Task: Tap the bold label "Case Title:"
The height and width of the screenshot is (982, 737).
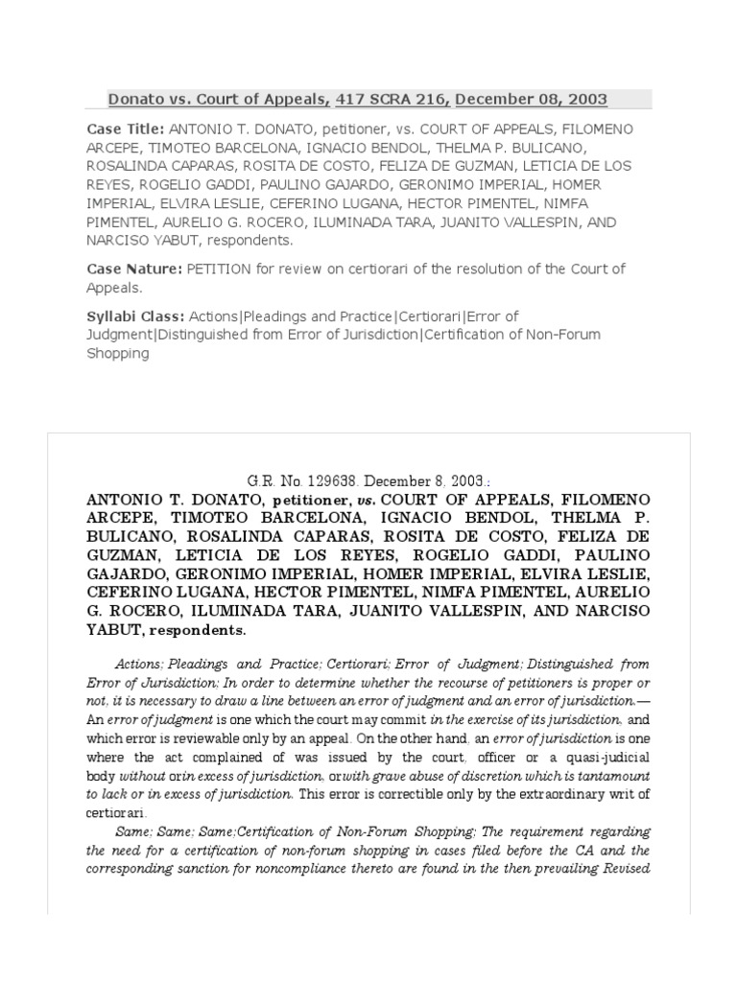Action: [125, 129]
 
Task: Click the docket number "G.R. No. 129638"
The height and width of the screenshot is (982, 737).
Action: [300, 481]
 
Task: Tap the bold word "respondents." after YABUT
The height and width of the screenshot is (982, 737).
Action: [204, 630]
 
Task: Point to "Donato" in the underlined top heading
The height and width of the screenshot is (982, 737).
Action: [133, 99]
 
